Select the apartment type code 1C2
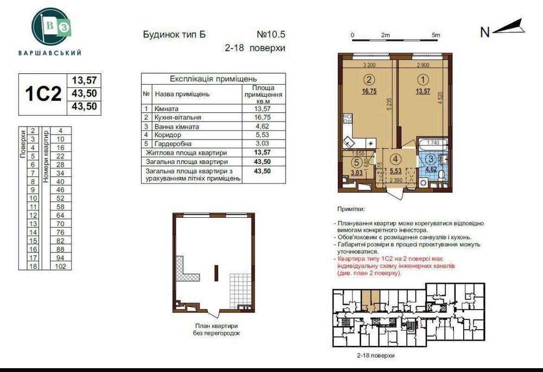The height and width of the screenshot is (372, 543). click(42, 93)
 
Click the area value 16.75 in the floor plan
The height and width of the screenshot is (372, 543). click(369, 91)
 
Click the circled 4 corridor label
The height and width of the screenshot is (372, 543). click(396, 159)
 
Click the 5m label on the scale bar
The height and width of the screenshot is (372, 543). click(435, 35)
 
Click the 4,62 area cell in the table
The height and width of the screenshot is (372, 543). click(263, 126)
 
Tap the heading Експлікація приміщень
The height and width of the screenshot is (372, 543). click(213, 79)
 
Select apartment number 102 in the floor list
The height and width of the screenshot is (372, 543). click(60, 267)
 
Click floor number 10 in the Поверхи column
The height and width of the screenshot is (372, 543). click(33, 199)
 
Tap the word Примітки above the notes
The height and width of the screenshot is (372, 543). click(351, 209)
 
